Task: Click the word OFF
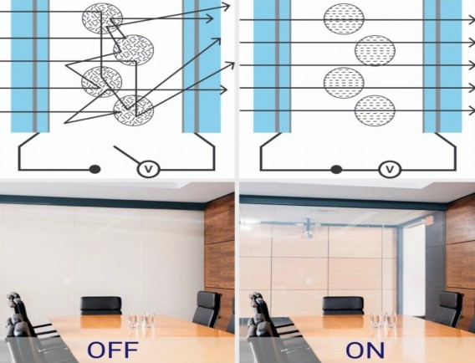click(113, 350)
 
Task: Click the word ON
click(365, 350)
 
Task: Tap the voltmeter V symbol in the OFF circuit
click(148, 169)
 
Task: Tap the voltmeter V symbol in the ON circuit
click(391, 169)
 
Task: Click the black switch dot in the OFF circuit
click(94, 169)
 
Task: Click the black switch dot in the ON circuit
click(336, 170)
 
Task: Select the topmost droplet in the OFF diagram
click(102, 18)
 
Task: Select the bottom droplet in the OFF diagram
click(134, 110)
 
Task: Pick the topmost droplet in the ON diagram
click(344, 18)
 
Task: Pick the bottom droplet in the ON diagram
click(375, 110)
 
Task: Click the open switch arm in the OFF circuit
click(126, 155)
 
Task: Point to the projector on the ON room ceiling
click(309, 229)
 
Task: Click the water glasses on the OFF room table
click(141, 320)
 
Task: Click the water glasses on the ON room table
click(383, 320)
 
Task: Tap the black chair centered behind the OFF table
click(101, 306)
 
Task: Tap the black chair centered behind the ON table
click(343, 306)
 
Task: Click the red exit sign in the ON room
click(429, 220)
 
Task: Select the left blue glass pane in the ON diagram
click(272, 66)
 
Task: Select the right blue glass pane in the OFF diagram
click(202, 66)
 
